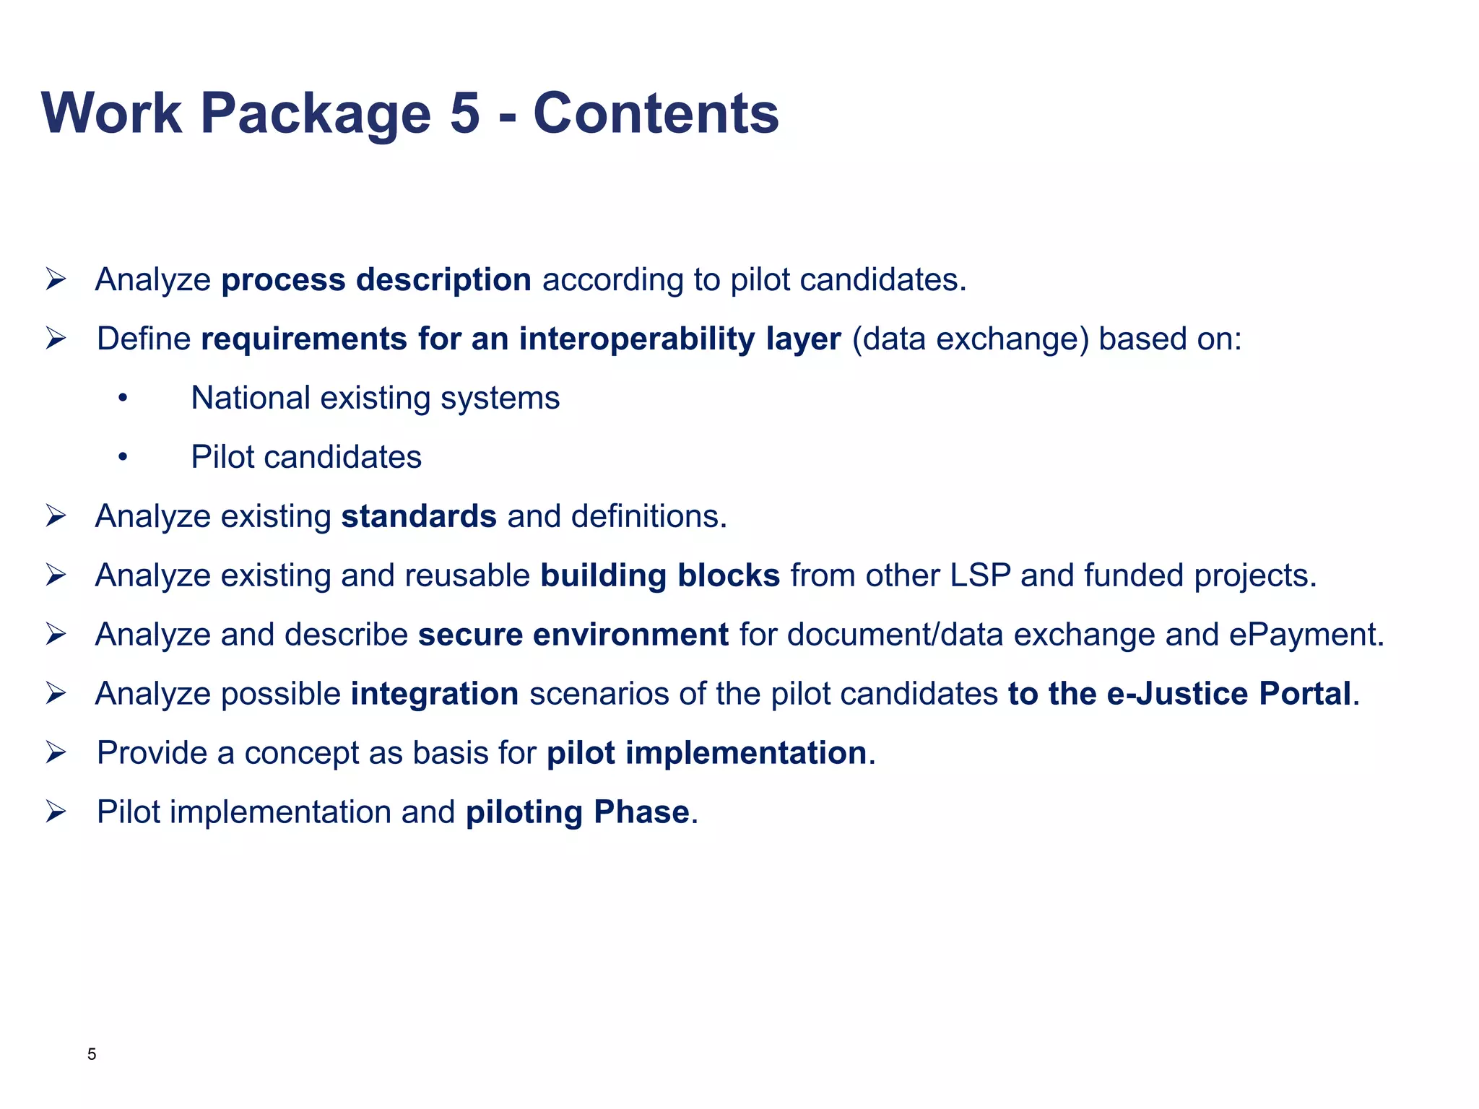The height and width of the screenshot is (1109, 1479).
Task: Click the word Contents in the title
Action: pyautogui.click(x=656, y=113)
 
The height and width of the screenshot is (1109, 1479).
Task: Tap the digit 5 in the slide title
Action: pyautogui.click(x=464, y=113)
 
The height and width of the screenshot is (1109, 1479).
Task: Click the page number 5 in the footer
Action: pyautogui.click(x=92, y=1054)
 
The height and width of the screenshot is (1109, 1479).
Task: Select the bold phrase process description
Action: pyautogui.click(x=376, y=280)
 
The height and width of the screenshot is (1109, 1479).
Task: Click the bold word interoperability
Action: pyautogui.click(x=637, y=339)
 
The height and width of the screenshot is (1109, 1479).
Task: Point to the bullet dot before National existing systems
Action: pyautogui.click(x=123, y=399)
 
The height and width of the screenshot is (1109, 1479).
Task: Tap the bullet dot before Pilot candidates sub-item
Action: pyautogui.click(x=123, y=458)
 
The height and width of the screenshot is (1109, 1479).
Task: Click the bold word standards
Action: pyautogui.click(x=419, y=517)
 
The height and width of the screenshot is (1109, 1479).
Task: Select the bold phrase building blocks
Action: pyautogui.click(x=660, y=576)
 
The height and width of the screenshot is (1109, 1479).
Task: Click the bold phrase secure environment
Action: pyautogui.click(x=573, y=635)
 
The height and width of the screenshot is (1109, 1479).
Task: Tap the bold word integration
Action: pyautogui.click(x=435, y=695)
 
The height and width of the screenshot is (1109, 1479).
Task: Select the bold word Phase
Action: pyautogui.click(x=641, y=813)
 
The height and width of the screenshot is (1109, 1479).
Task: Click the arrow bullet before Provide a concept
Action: pyautogui.click(x=56, y=753)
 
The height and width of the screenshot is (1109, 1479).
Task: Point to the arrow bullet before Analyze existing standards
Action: pyautogui.click(x=56, y=516)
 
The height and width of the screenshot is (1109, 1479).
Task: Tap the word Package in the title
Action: pyautogui.click(x=315, y=113)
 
